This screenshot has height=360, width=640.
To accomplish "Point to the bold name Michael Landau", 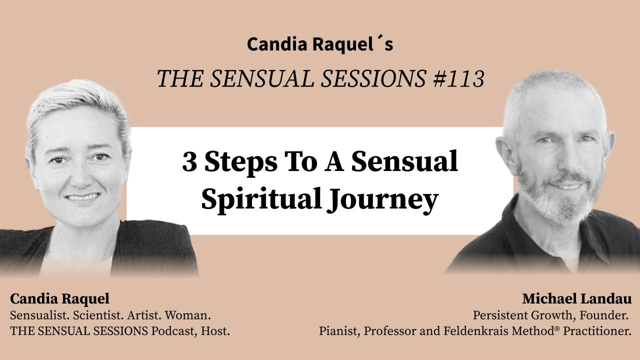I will click(x=576, y=299).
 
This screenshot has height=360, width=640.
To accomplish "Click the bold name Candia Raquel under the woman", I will click(x=59, y=299).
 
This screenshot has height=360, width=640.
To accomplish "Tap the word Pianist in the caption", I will click(x=336, y=331).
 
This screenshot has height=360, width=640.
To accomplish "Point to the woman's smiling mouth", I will click(x=83, y=196).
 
